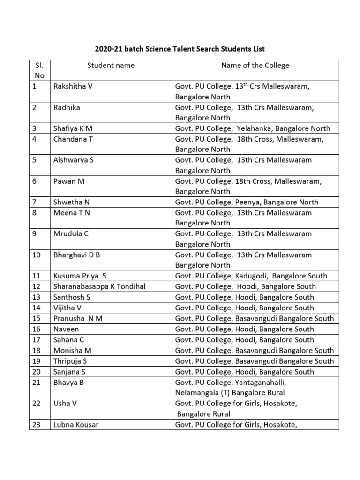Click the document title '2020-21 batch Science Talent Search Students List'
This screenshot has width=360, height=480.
(180, 48)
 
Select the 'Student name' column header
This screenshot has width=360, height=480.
(111, 66)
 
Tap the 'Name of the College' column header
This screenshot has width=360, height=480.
(255, 66)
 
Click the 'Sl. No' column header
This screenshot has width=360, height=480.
(39, 70)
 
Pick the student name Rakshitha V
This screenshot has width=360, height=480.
(73, 86)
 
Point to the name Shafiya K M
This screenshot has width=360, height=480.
(74, 128)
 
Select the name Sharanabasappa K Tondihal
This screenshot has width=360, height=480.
(99, 286)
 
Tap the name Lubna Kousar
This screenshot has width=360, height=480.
(76, 425)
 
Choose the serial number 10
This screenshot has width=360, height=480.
(37, 255)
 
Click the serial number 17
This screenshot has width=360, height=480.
(37, 340)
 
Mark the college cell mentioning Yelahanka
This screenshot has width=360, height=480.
(253, 128)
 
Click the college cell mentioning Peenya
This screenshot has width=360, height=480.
(247, 202)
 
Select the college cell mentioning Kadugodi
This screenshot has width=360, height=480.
(251, 276)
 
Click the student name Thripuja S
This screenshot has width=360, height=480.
(70, 361)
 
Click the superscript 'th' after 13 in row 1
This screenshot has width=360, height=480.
(258, 84)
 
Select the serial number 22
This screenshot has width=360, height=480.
(37, 404)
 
